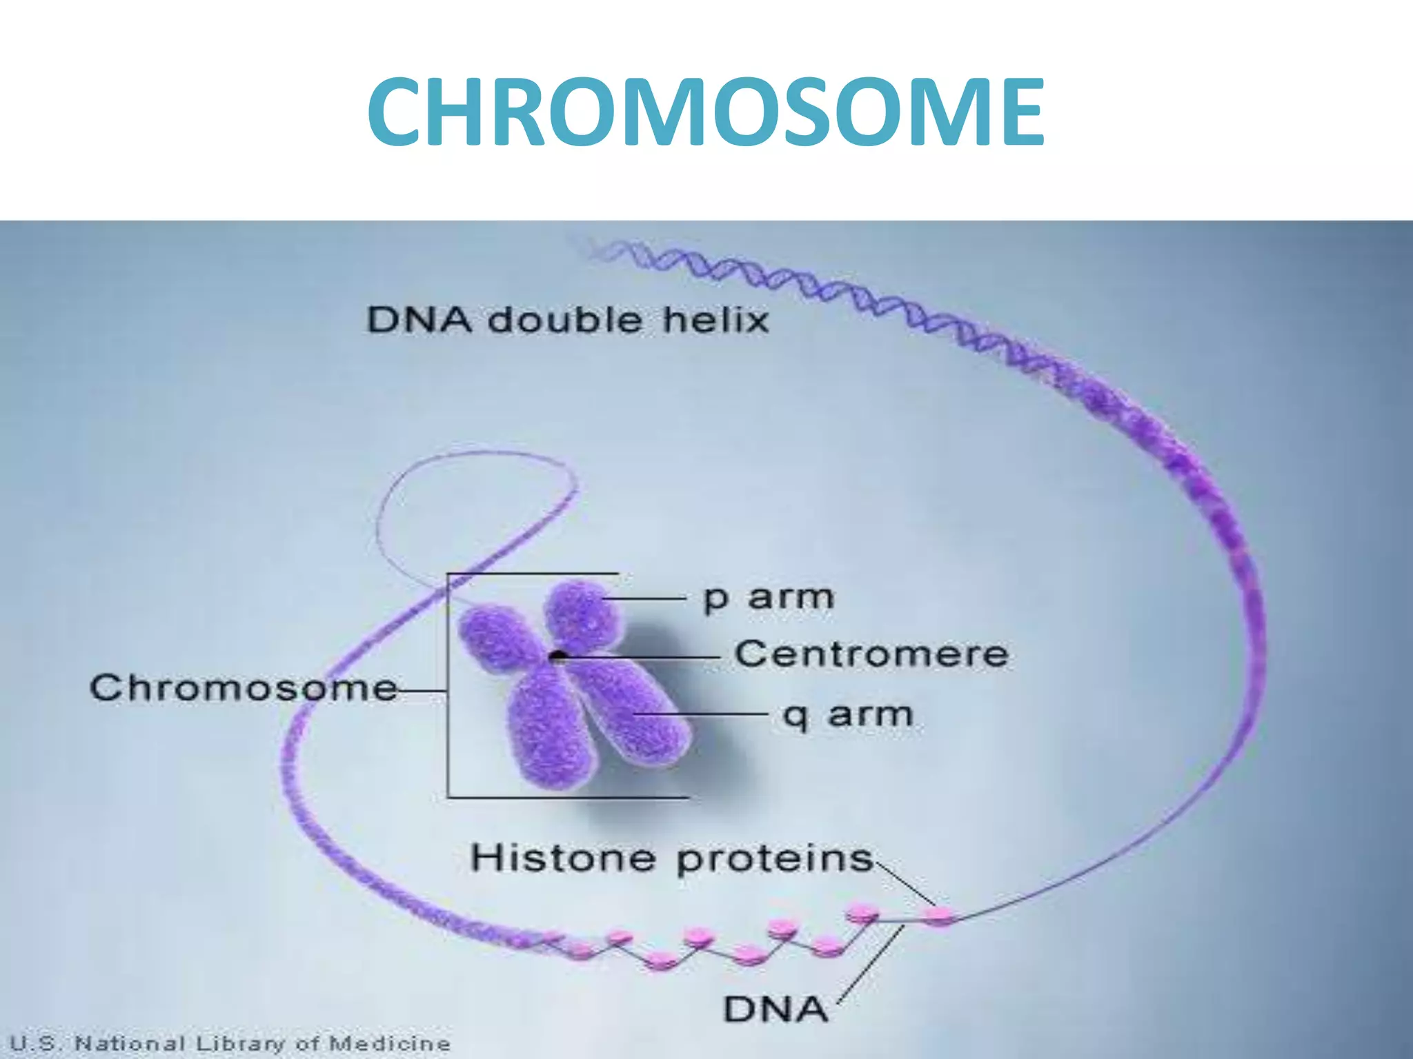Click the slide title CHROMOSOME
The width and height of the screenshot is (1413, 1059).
(705, 113)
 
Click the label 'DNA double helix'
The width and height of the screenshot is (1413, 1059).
(567, 320)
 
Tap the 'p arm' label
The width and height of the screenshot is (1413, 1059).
(768, 598)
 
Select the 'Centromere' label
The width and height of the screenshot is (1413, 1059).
(871, 654)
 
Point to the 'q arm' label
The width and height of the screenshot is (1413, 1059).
(847, 715)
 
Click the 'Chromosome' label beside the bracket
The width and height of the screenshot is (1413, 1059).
(244, 688)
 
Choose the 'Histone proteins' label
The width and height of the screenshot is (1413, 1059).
(671, 859)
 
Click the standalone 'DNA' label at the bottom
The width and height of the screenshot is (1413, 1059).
(775, 1009)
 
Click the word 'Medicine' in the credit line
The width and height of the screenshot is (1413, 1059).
(390, 1043)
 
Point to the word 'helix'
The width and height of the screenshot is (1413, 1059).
(715, 320)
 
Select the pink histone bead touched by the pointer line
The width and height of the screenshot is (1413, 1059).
(938, 916)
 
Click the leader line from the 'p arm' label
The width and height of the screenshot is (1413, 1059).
(645, 599)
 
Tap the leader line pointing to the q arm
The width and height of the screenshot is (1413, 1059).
(700, 714)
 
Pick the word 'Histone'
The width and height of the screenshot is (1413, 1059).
(563, 859)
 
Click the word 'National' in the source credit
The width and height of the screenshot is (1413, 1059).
(130, 1043)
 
